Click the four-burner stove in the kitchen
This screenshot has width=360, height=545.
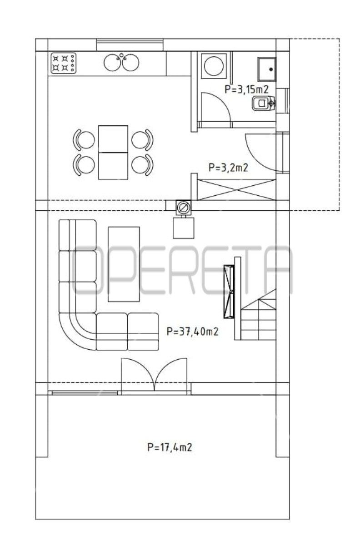63,63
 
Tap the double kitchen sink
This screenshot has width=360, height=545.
121,62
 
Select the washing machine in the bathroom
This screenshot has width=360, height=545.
214,66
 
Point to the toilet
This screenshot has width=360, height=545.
264,103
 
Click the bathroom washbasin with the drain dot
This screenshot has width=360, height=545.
267,69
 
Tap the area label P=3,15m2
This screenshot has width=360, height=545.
246,89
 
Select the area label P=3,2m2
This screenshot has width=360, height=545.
228,168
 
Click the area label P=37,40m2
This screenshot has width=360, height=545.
192,332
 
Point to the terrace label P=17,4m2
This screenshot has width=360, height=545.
170,447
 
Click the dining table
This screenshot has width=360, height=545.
113,153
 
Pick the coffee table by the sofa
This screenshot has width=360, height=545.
124,264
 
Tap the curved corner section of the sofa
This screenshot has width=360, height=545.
77,332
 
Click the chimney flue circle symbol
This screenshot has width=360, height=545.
183,208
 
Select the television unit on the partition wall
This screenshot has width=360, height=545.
229,292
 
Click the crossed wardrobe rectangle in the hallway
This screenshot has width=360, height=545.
236,190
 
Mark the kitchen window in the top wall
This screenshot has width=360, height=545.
130,45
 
